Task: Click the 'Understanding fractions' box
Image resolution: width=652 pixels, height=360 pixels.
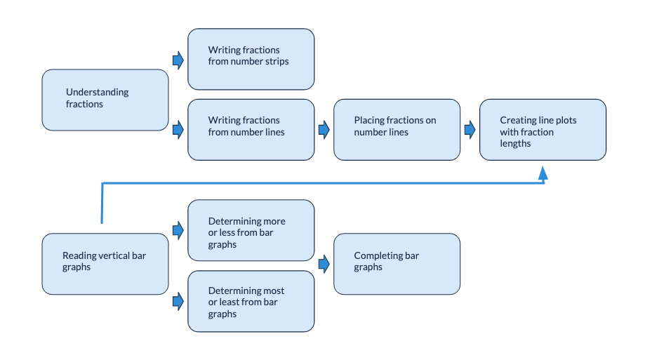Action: (x=105, y=100)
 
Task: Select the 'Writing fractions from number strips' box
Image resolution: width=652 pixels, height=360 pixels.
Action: (x=251, y=59)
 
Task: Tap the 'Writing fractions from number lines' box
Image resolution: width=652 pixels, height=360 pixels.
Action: (x=251, y=129)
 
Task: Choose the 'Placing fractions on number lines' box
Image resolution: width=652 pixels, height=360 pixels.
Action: (x=397, y=129)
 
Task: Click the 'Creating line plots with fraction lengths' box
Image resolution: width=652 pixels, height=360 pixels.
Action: (x=543, y=129)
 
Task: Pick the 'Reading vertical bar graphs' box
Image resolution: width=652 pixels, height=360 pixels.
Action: (x=105, y=263)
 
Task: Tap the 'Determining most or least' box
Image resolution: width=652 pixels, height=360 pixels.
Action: (x=251, y=301)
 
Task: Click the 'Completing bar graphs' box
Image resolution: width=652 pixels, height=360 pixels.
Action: (x=397, y=263)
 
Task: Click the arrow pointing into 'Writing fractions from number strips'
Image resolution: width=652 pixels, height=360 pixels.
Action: (x=178, y=60)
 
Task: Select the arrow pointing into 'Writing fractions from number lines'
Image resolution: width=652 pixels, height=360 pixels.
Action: (x=178, y=129)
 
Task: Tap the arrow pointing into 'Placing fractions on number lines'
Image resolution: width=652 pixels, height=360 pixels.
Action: (x=324, y=129)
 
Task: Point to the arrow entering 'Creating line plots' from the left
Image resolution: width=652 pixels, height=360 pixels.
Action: (x=470, y=129)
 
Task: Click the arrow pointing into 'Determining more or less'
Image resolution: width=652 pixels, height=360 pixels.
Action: (x=178, y=229)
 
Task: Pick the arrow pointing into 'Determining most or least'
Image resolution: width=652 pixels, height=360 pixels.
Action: (x=178, y=301)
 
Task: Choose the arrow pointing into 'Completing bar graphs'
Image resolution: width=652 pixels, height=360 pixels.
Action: (x=324, y=264)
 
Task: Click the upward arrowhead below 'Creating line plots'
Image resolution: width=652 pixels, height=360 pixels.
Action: (x=543, y=173)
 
